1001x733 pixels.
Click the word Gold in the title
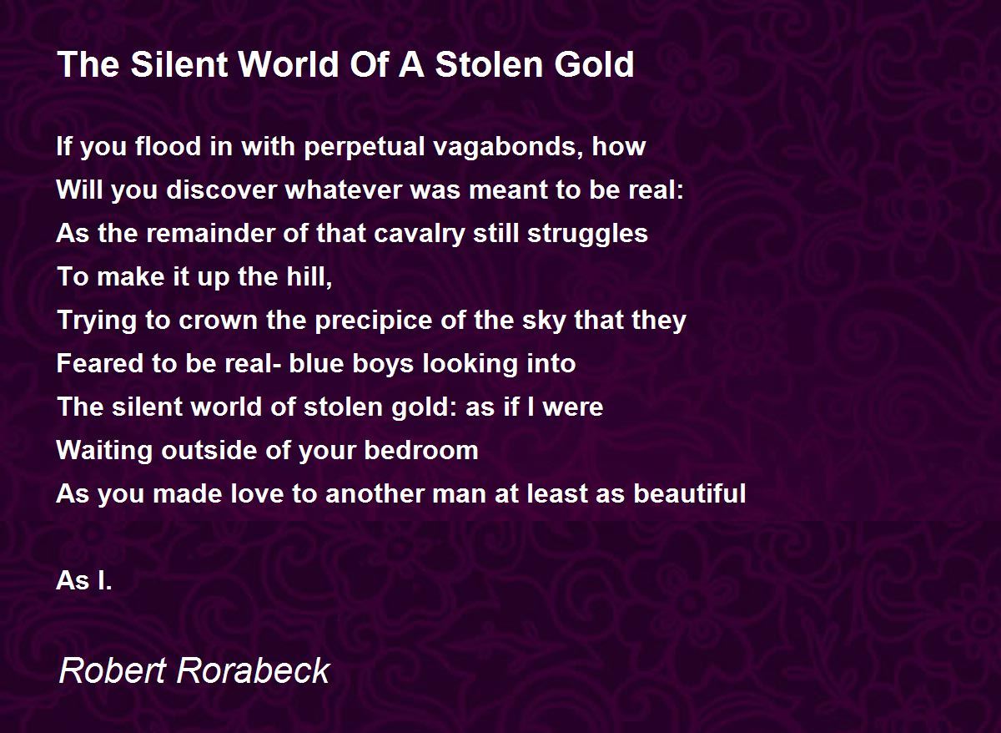(x=594, y=64)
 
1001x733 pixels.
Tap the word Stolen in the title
(x=490, y=64)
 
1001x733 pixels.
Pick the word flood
(x=168, y=146)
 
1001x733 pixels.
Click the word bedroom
(x=421, y=450)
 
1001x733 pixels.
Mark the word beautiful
(x=690, y=493)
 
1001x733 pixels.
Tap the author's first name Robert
(x=113, y=670)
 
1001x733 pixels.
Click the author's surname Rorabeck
(x=254, y=670)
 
